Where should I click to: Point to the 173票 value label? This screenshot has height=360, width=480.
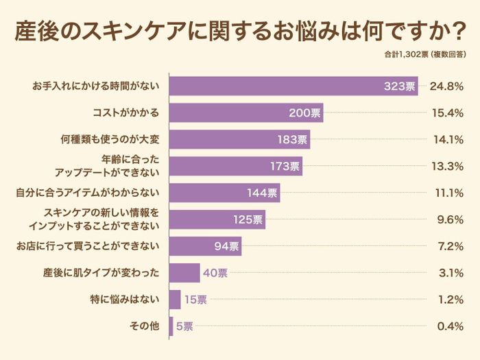pyautogui.click(x=285, y=166)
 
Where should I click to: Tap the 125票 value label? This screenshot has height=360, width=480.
pyautogui.click(x=248, y=219)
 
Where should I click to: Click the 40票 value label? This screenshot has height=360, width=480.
pyautogui.click(x=215, y=273)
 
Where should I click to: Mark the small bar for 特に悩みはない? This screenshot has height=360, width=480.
pyautogui.click(x=175, y=300)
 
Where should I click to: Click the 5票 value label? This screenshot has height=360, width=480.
pyautogui.click(x=184, y=326)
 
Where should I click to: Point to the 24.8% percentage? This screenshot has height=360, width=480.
pyautogui.click(x=446, y=86)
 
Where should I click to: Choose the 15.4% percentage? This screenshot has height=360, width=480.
pyautogui.click(x=446, y=112)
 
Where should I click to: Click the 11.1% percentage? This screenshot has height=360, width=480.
pyautogui.click(x=446, y=193)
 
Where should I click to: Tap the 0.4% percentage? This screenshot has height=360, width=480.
pyautogui.click(x=450, y=326)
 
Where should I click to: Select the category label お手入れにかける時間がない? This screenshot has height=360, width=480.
pyautogui.click(x=95, y=86)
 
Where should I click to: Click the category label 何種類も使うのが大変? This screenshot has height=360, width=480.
pyautogui.click(x=110, y=139)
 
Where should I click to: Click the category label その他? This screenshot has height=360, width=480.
pyautogui.click(x=145, y=326)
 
